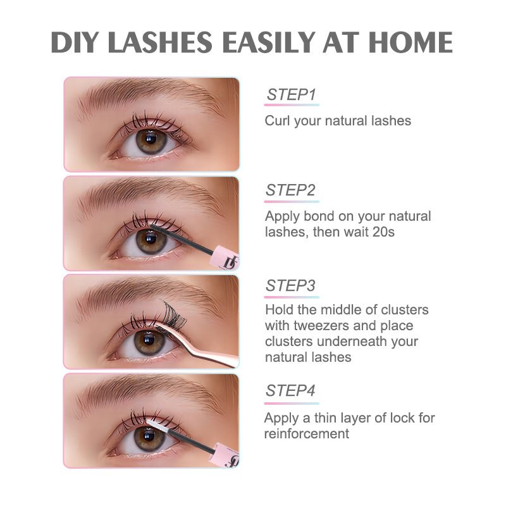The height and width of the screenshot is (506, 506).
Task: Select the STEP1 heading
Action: (291, 95)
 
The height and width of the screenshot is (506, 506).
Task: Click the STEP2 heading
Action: (291, 190)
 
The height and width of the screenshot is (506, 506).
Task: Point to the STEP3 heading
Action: (291, 286)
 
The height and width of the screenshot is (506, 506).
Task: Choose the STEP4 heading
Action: (291, 390)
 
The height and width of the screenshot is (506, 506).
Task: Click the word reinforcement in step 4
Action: (306, 433)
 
